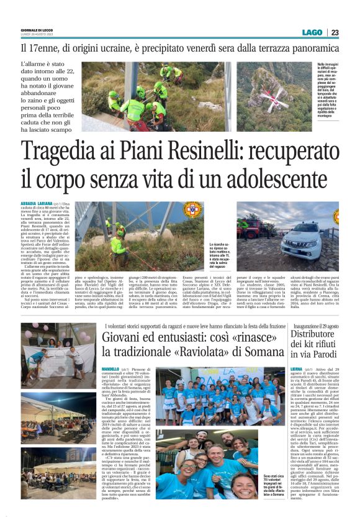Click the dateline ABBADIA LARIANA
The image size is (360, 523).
[35, 203]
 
